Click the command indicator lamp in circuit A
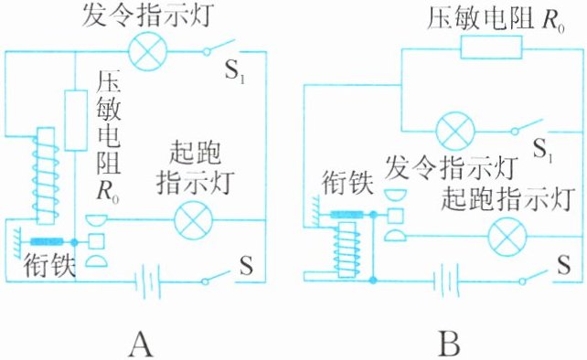tap(147, 52)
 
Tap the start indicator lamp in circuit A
tap(194, 220)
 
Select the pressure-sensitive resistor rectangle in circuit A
tap(76, 120)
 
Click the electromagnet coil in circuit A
tap(46, 175)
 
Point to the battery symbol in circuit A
tap(147, 281)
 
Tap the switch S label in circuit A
tap(246, 265)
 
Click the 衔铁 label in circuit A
tap(49, 265)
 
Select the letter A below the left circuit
tap(141, 344)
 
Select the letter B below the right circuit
tap(451, 344)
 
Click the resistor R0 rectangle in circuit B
tap(491, 48)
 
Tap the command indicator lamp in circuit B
tap(455, 131)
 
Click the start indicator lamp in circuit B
tap(508, 237)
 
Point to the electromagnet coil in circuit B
tap(347, 249)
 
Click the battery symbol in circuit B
tap(446, 281)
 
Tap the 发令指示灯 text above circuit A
tap(149, 16)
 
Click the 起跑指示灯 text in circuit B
tap(508, 199)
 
